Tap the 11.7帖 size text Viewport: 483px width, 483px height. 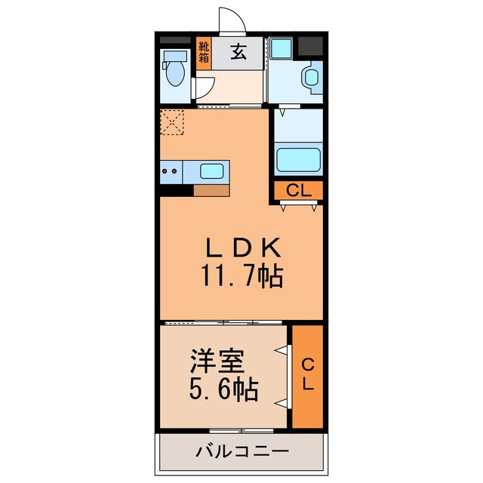point(241,277)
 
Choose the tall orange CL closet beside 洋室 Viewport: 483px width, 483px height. point(307,374)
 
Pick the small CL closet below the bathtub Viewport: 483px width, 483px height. point(298,191)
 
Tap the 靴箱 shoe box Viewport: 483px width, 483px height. point(203,54)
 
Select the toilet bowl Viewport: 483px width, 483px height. point(175,74)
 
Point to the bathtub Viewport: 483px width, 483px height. point(297,159)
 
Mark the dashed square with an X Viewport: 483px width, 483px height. point(173,122)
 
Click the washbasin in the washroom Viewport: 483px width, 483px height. point(310,78)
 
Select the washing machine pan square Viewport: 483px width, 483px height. point(281,49)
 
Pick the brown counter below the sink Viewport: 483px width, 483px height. point(211,190)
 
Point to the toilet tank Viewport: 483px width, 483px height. point(176,56)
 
